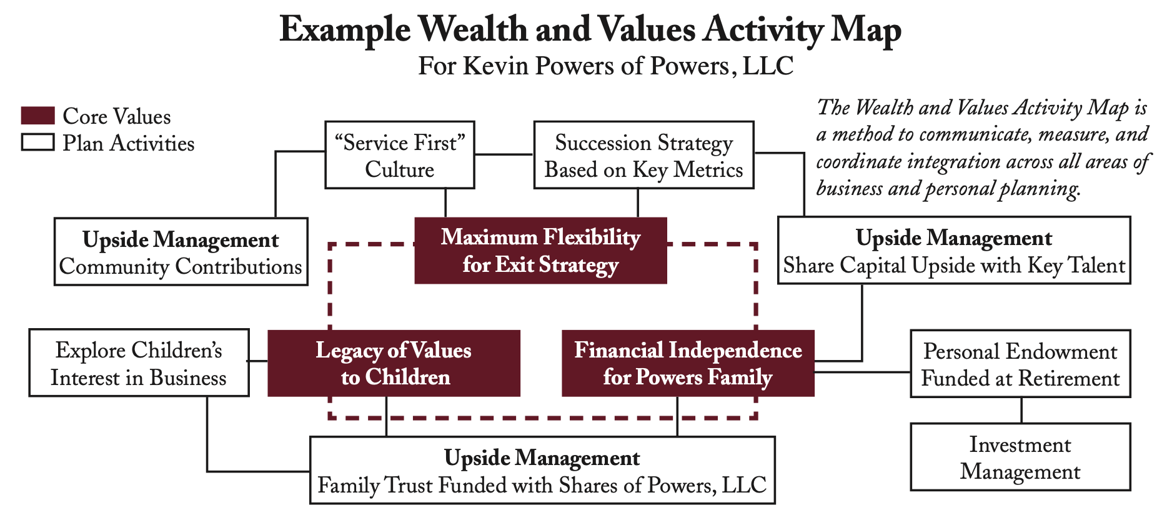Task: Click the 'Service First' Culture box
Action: pos(399,155)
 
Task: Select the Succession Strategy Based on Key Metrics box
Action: pos(643,155)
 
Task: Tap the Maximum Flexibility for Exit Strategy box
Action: pos(540,251)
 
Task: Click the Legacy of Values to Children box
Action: pos(394,363)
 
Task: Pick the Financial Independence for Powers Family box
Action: pos(688,363)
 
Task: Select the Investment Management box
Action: pos(1020,457)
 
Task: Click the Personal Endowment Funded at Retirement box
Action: pos(1020,364)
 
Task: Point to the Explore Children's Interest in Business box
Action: pos(139,363)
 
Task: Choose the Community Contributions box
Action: pos(181,252)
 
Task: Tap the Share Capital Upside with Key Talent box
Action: pos(954,251)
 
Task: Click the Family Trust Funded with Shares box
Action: pos(542,471)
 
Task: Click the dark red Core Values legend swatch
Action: pos(37,116)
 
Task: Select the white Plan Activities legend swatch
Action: pos(37,142)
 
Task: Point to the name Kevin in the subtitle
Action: pos(490,66)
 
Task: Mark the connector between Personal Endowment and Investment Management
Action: pos(1021,411)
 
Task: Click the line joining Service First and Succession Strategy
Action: pos(504,154)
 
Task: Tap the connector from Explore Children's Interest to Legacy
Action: pos(258,361)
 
